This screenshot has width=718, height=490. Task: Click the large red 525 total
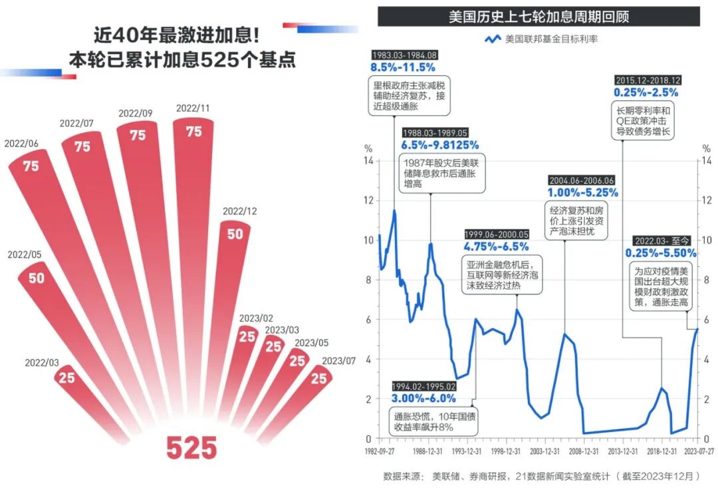tap(191, 447)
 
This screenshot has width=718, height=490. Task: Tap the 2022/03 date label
tap(42, 363)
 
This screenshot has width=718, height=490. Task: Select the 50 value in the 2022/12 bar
tap(235, 234)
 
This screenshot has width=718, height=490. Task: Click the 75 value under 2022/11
tap(193, 132)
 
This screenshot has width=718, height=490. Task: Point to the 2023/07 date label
tap(338, 361)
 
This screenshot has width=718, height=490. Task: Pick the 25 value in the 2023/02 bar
tap(247, 337)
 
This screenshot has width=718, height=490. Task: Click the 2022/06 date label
tap(21, 143)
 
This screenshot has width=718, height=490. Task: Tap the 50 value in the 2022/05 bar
tap(37, 278)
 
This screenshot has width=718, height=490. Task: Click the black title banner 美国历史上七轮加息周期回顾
tap(538, 17)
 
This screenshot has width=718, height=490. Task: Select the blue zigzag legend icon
tap(492, 39)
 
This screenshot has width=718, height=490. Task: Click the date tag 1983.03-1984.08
tap(404, 55)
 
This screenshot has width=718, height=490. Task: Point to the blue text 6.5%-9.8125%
tap(439, 145)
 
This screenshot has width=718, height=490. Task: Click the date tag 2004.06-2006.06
tap(582, 180)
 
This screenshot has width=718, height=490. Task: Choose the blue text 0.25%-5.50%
tap(660, 253)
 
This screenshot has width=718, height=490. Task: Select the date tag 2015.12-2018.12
tap(647, 81)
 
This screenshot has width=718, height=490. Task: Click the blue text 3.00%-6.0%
tap(423, 399)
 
